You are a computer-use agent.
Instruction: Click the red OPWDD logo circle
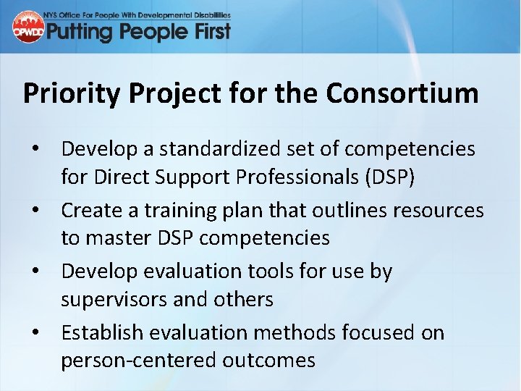pos(28,27)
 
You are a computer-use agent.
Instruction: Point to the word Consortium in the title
pos(402,93)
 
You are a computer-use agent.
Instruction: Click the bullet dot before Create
pos(34,211)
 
